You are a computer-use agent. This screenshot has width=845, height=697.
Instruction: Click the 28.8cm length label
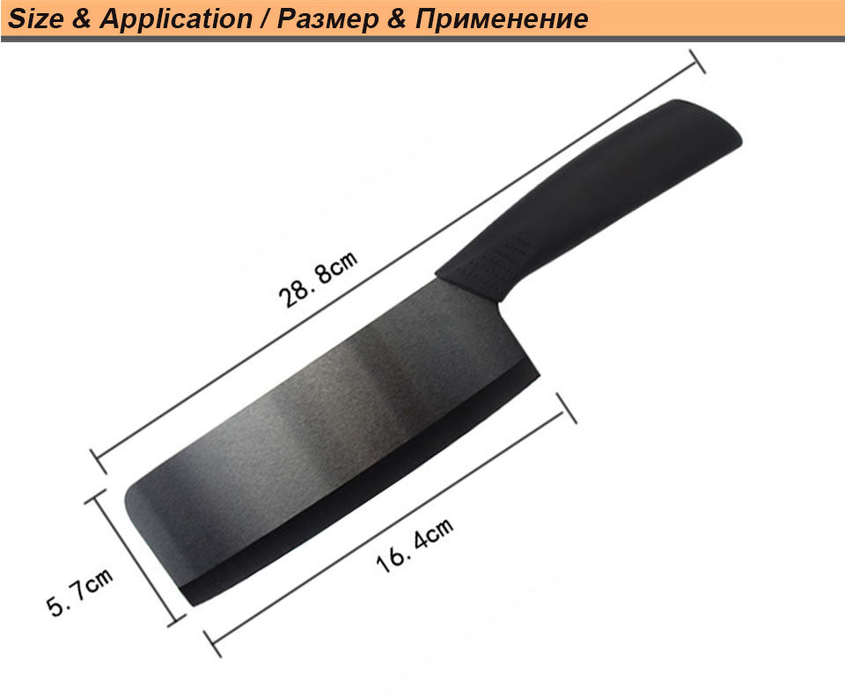coord(318,278)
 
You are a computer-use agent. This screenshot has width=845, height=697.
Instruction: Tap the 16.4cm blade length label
coord(415,546)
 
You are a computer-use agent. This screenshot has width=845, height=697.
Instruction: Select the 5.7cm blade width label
coord(81,592)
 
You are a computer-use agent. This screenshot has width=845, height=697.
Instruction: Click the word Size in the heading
coord(34,18)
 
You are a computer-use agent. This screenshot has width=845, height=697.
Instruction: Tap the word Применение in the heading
coord(501,18)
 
